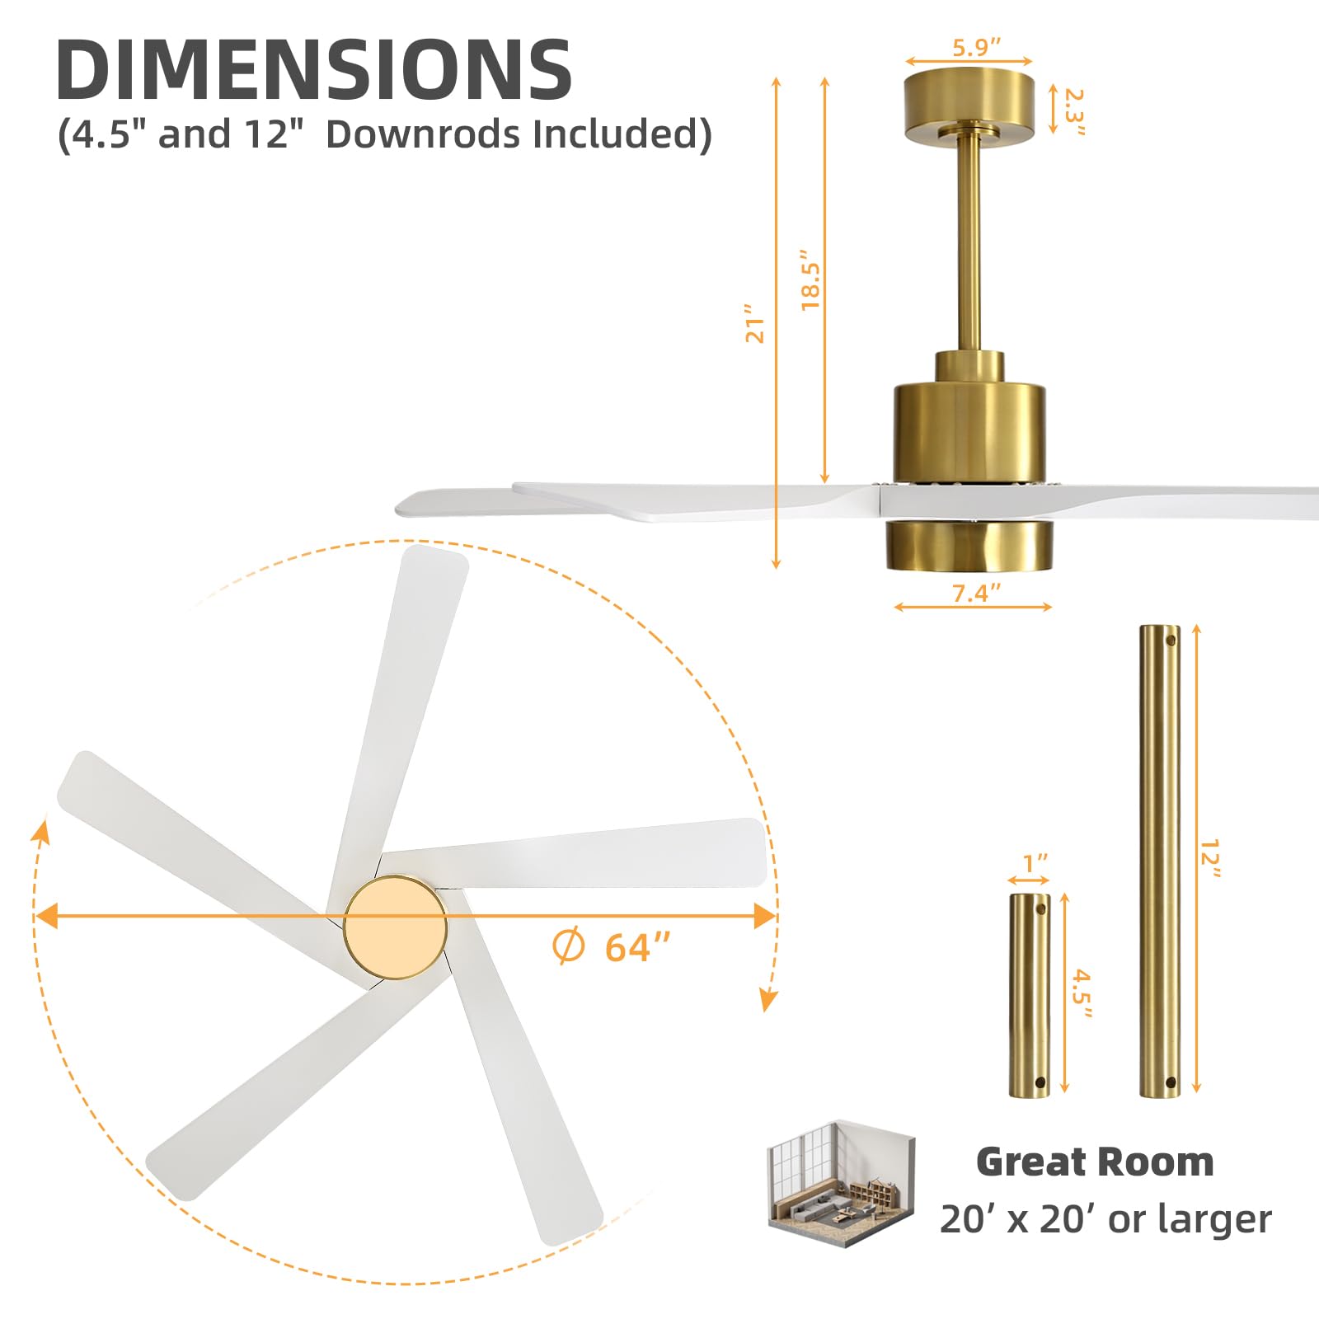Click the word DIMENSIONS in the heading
tap(314, 69)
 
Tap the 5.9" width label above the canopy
tap(976, 47)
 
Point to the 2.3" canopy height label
tap(1074, 111)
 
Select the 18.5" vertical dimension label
tap(811, 280)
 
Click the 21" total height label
tap(755, 323)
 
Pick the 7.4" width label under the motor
tap(976, 593)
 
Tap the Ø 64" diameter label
tap(611, 947)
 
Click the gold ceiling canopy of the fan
tap(968, 107)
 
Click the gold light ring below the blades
tap(969, 545)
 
